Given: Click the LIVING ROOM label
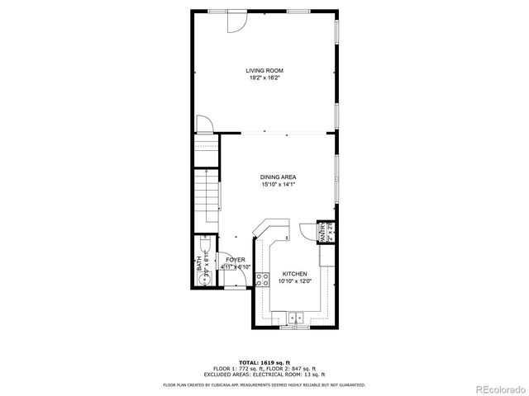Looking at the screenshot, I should click(264, 71).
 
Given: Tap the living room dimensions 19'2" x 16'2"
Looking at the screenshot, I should click(264, 78).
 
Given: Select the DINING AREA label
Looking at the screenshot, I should click(279, 177).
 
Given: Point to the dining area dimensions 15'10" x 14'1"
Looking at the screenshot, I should click(279, 185).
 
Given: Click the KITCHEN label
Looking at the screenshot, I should click(295, 274).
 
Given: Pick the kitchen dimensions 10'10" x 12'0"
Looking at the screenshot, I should click(295, 281).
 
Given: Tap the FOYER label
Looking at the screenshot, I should click(236, 260).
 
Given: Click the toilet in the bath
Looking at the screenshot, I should click(205, 247).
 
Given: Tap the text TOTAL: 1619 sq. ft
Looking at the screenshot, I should click(264, 362).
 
